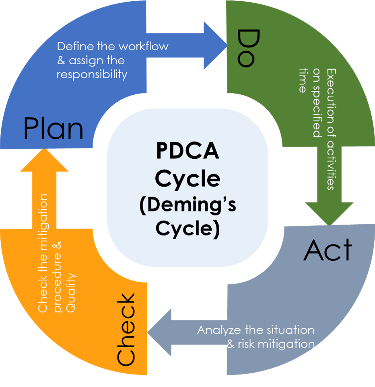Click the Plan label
54,128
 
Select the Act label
328,250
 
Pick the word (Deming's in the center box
187,205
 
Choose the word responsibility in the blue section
92,75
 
